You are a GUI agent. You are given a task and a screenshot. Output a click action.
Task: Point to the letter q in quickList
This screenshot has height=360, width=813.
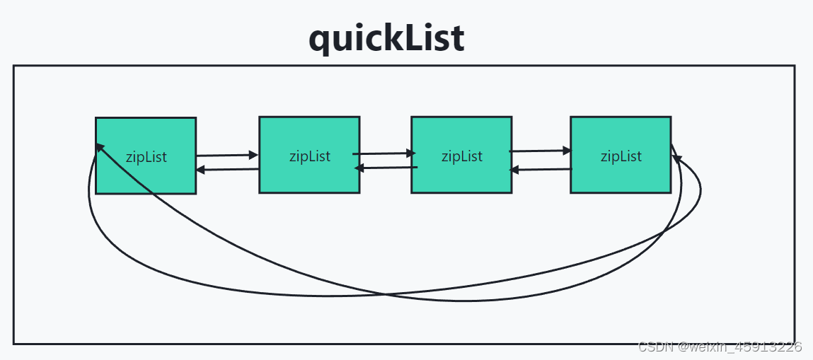pyautogui.click(x=319, y=42)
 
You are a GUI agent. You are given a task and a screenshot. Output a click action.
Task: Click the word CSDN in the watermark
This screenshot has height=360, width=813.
pyautogui.click(x=655, y=347)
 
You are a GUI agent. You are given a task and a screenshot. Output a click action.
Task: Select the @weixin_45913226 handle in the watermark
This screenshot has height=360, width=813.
pyautogui.click(x=738, y=347)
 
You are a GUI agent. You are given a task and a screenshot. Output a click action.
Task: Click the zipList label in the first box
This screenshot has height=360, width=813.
pyautogui.click(x=146, y=157)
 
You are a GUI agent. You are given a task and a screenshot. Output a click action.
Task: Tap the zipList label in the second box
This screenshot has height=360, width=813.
pyautogui.click(x=309, y=156)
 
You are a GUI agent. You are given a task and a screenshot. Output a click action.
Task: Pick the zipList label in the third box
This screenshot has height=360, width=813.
pyautogui.click(x=462, y=156)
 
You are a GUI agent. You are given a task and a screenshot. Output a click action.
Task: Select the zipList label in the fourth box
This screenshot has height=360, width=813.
pyautogui.click(x=621, y=156)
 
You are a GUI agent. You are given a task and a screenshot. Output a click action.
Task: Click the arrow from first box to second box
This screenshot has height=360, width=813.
pyautogui.click(x=227, y=155)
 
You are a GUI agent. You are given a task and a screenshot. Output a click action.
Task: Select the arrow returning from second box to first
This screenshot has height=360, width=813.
pyautogui.click(x=227, y=169)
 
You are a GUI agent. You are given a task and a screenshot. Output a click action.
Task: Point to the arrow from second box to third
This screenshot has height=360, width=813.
pyautogui.click(x=384, y=153)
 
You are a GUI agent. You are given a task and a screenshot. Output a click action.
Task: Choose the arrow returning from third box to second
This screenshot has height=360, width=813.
pyautogui.click(x=386, y=168)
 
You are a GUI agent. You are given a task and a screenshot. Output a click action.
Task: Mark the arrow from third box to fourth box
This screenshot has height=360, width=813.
pyautogui.click(x=541, y=151)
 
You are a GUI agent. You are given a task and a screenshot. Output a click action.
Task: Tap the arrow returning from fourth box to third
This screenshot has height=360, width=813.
pyautogui.click(x=541, y=169)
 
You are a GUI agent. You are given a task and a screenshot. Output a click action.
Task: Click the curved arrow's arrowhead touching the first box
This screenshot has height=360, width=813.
pyautogui.click(x=100, y=148)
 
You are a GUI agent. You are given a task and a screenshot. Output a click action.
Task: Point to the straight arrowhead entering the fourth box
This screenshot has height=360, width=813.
pyautogui.click(x=567, y=151)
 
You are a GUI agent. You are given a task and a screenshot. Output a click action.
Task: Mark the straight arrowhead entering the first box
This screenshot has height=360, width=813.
pyautogui.click(x=201, y=170)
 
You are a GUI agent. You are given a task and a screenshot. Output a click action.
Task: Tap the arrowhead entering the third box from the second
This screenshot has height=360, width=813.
pyautogui.click(x=411, y=153)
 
